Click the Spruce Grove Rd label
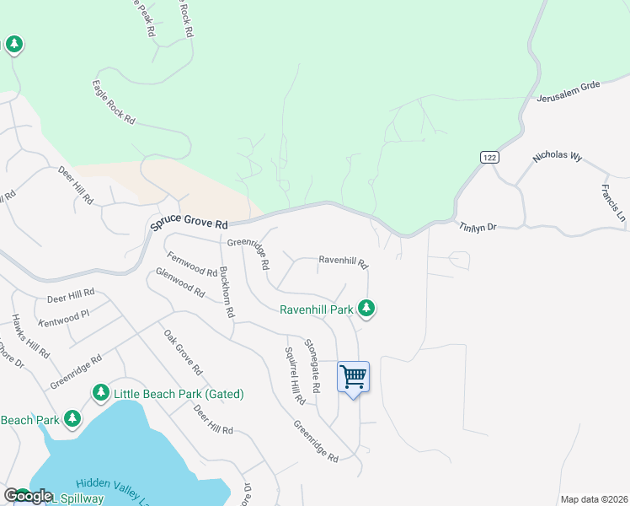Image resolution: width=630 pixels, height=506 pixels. (190, 223)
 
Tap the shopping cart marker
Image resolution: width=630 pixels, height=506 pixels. (354, 376)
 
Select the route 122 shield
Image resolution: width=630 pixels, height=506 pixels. (489, 158)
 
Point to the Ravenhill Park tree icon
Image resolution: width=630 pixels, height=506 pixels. (366, 309)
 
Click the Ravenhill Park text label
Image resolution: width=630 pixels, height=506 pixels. (317, 310)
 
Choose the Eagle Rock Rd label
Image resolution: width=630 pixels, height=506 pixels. (114, 103)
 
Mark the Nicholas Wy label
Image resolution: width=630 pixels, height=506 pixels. (558, 158)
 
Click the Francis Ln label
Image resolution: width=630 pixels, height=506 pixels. (614, 203)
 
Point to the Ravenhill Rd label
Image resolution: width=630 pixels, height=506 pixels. (343, 261)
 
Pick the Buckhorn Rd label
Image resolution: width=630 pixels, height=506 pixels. (226, 292)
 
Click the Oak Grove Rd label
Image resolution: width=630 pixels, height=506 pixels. (183, 353)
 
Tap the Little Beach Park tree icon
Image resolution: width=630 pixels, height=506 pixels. (101, 393)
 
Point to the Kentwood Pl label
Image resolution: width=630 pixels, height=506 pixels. (64, 319)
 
